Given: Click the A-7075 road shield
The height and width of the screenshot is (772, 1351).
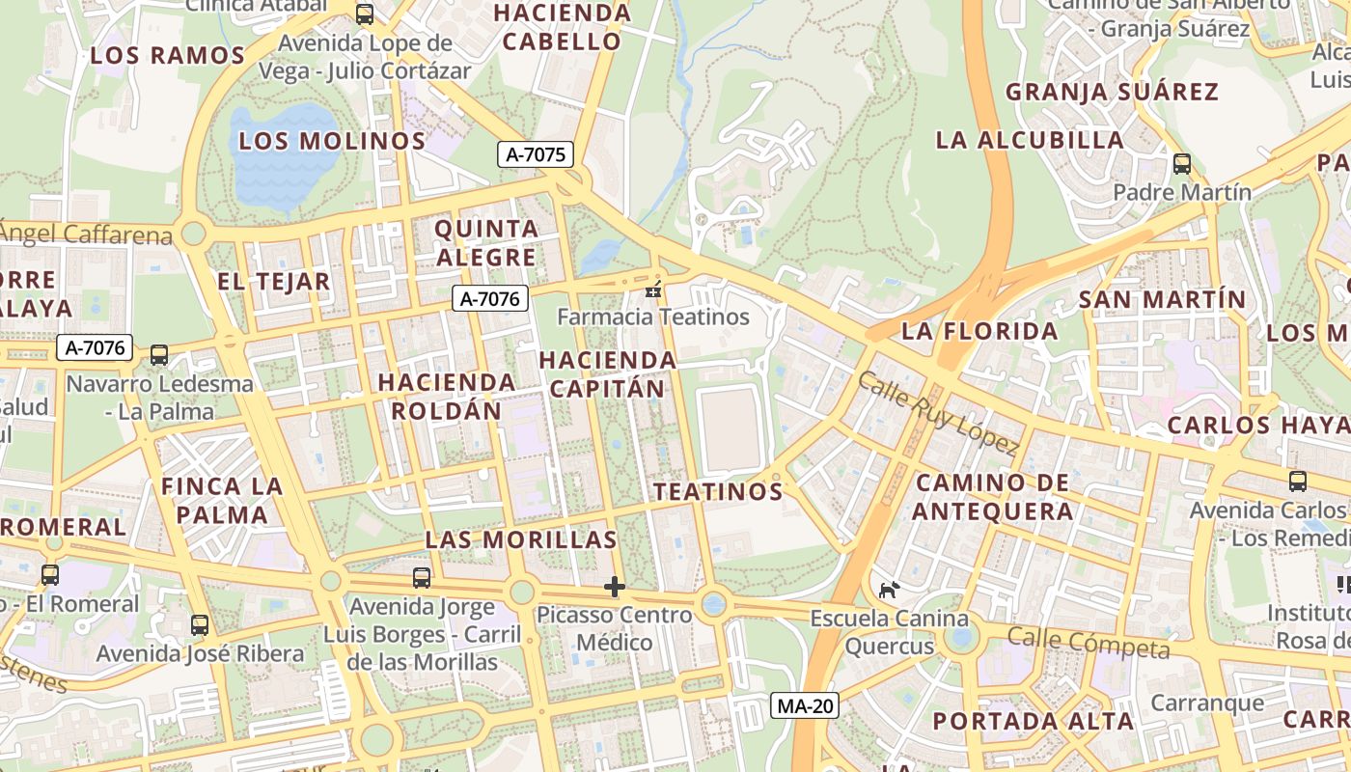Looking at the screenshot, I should click(x=536, y=154).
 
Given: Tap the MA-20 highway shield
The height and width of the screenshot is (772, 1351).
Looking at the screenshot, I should click(x=806, y=706).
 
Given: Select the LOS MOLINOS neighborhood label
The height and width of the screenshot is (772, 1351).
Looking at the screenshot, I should click(x=332, y=141).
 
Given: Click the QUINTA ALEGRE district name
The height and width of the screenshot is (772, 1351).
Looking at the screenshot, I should click(x=486, y=243).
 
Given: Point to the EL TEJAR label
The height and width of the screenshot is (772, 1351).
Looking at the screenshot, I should click(x=274, y=282).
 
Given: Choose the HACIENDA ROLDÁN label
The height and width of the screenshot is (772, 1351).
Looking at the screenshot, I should click(x=446, y=396).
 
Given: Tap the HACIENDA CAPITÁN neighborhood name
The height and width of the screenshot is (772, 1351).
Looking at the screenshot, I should click(x=607, y=374).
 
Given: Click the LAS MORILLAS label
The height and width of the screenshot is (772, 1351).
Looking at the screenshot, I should click(x=521, y=539).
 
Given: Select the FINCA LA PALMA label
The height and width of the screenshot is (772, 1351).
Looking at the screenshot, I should click(x=222, y=500).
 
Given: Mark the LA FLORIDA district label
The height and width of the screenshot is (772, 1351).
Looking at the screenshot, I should click(x=979, y=332).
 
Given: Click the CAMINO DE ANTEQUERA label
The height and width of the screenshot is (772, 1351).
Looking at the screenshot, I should click(x=993, y=497).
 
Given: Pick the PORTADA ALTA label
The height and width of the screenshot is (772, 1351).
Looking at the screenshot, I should click(x=1033, y=721).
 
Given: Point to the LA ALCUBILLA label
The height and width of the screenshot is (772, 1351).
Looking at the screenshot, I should click(x=1030, y=140).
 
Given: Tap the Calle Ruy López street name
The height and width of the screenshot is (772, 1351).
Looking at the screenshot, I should click(x=937, y=413).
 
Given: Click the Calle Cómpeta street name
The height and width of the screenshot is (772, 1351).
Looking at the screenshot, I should click(x=1088, y=642).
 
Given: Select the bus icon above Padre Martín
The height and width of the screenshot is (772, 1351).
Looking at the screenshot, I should click(x=1182, y=164).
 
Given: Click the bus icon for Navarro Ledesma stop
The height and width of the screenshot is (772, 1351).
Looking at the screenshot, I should click(x=159, y=355).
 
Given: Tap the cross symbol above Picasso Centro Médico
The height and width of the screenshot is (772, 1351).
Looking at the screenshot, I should click(x=615, y=587).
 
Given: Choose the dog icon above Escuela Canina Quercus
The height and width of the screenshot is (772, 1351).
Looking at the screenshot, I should click(x=889, y=590).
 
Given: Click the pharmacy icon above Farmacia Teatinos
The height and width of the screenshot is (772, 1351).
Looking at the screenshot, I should click(x=653, y=289).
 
